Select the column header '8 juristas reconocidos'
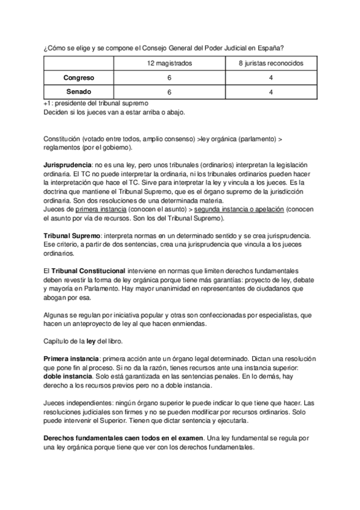tap(271, 63)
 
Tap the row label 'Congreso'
tap(79, 78)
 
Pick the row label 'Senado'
tap(79, 92)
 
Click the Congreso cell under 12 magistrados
tap(169, 78)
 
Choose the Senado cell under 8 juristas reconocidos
tap(271, 92)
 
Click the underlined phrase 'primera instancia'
tap(100, 209)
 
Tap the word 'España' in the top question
tap(269, 48)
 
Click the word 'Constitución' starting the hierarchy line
tap(64, 138)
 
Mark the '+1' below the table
tap(48, 103)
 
